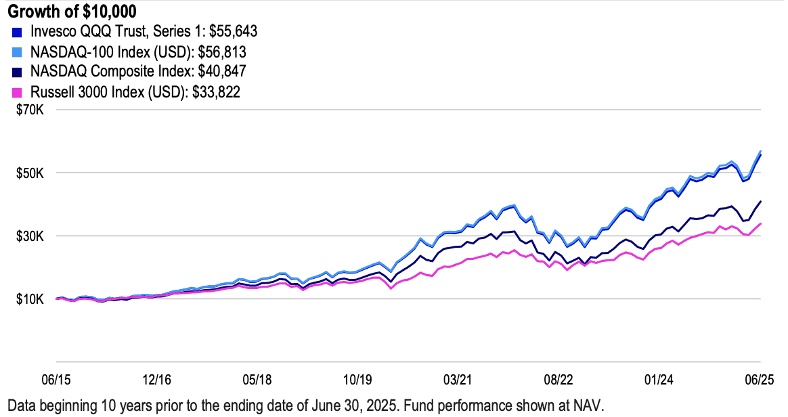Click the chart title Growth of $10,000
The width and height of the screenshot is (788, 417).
click(x=72, y=11)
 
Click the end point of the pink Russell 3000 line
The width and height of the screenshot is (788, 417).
click(x=761, y=223)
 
